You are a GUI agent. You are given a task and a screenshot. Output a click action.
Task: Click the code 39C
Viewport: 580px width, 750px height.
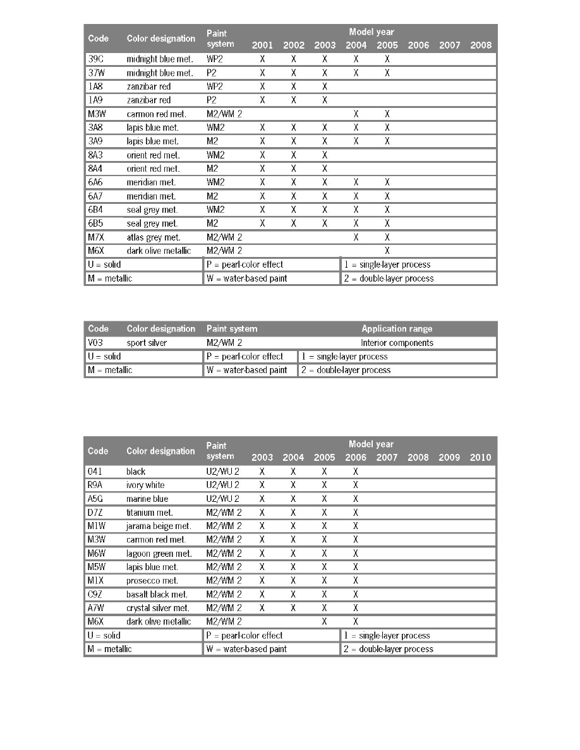[x=97, y=59]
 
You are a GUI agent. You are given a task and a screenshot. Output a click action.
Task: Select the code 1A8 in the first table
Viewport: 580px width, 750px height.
[x=97, y=86]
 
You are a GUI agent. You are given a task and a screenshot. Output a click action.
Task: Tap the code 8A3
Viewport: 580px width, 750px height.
[x=97, y=155]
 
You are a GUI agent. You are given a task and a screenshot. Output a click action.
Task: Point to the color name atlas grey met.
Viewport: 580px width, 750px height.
[x=154, y=237]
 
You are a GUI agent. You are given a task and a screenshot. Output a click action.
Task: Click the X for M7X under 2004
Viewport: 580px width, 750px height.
[x=356, y=237]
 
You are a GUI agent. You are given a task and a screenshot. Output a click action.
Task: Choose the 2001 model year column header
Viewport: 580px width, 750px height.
[x=262, y=45]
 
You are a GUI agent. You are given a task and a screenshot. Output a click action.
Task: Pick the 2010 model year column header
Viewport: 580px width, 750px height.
[x=480, y=458]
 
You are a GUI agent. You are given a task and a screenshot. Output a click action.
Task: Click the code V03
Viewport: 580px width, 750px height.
[x=97, y=343]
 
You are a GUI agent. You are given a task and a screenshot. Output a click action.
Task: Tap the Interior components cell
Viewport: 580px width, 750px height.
[x=397, y=343]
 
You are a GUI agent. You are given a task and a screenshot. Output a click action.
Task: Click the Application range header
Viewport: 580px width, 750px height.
[x=397, y=329]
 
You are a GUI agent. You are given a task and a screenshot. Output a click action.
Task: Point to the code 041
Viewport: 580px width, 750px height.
[x=97, y=472]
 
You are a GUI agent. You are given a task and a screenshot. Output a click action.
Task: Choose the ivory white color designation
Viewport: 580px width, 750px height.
[x=145, y=485]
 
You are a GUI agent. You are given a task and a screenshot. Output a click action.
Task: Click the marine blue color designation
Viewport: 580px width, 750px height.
[x=146, y=499]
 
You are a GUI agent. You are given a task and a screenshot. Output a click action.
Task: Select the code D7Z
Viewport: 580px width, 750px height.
[x=97, y=513]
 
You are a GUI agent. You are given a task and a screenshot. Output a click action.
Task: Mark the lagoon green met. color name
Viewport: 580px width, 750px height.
[x=159, y=554]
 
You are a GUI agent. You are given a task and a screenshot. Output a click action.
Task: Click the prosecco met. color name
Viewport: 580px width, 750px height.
[x=152, y=581]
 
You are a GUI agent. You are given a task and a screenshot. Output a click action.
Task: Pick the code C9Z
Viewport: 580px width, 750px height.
[x=97, y=594]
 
